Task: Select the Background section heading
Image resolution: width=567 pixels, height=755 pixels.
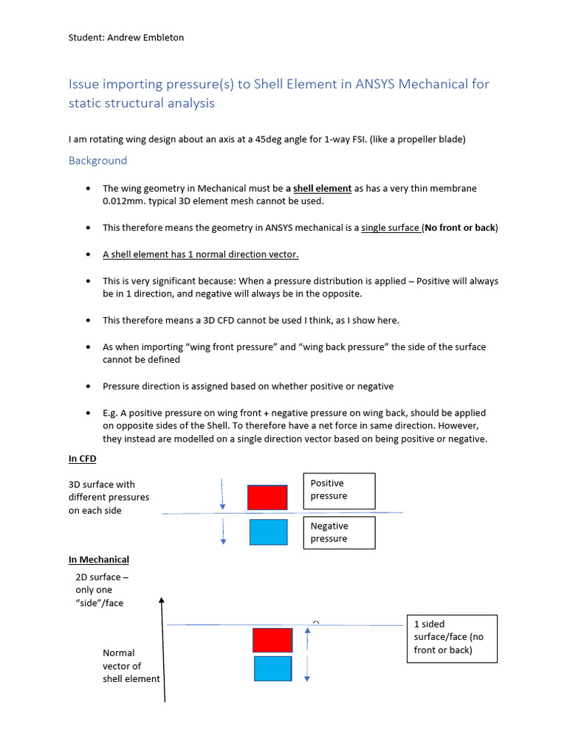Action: pos(97,161)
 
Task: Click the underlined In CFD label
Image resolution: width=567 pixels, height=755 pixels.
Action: pos(83,459)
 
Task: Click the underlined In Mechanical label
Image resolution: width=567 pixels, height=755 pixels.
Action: pos(99,560)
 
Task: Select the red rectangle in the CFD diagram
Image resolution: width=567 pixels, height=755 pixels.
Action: pos(267,498)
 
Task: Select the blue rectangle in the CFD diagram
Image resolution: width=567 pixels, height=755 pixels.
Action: pos(268,532)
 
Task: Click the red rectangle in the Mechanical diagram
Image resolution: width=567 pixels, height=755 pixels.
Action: pos(272,640)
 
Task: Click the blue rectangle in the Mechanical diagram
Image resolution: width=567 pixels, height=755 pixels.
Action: pos(272,669)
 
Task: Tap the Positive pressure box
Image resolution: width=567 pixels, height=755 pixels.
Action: pos(339,490)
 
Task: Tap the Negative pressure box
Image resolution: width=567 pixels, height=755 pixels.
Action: pos(339,532)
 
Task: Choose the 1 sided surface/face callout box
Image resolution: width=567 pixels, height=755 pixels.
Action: pos(452,637)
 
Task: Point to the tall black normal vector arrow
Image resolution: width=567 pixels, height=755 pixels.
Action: pos(162,649)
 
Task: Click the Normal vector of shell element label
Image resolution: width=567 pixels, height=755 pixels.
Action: pos(131,666)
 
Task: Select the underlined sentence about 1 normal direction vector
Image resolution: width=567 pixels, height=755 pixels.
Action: pos(201,254)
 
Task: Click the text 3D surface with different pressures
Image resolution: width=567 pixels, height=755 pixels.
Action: pos(109,497)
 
